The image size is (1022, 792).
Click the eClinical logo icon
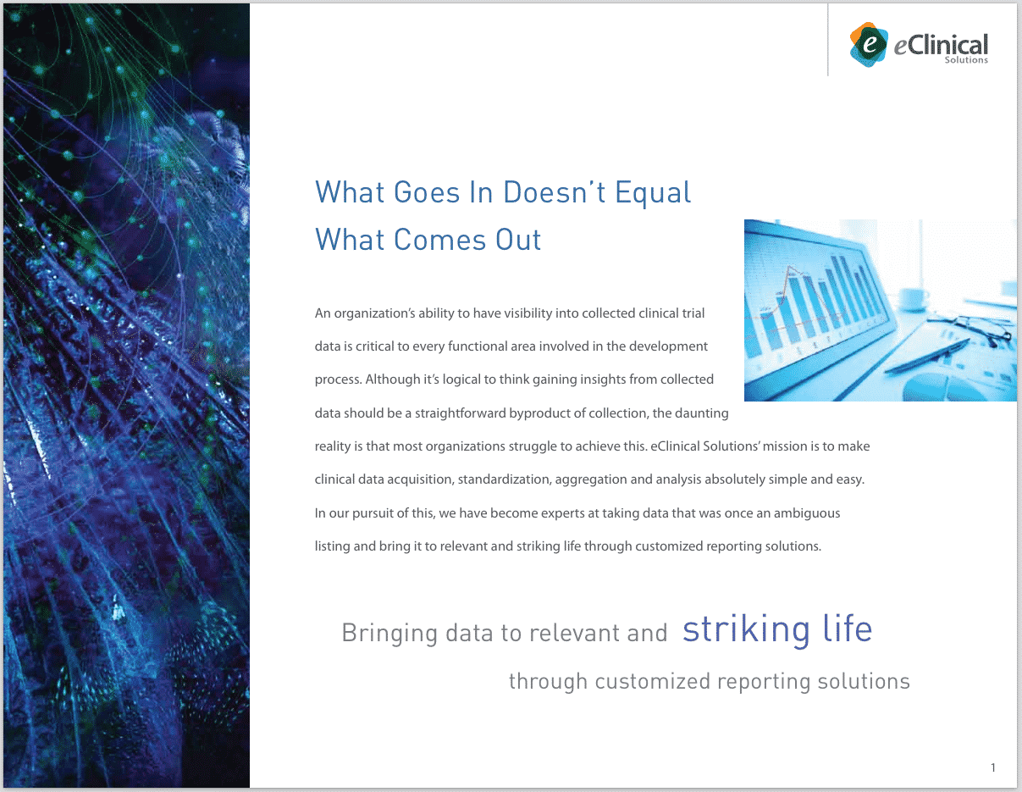869,44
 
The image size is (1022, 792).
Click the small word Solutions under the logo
966,60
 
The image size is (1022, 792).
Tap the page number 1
993,767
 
